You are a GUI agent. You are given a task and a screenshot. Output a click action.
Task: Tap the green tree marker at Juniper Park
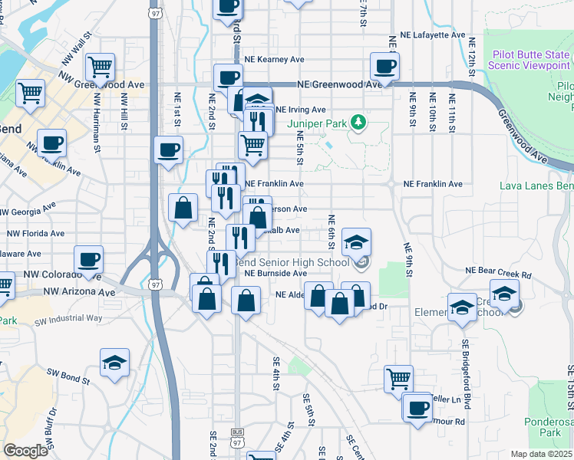point(356,121)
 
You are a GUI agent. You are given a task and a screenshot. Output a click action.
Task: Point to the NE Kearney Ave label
point(274,59)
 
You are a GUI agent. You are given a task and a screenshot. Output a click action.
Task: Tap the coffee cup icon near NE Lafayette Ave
point(384,66)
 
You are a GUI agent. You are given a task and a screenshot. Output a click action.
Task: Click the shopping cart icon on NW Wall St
point(101,67)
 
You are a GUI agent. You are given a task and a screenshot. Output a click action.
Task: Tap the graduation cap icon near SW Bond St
point(114,362)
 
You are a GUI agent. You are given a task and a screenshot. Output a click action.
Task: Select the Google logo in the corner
point(25,451)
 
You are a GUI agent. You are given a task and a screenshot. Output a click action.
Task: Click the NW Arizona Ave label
point(79,291)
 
